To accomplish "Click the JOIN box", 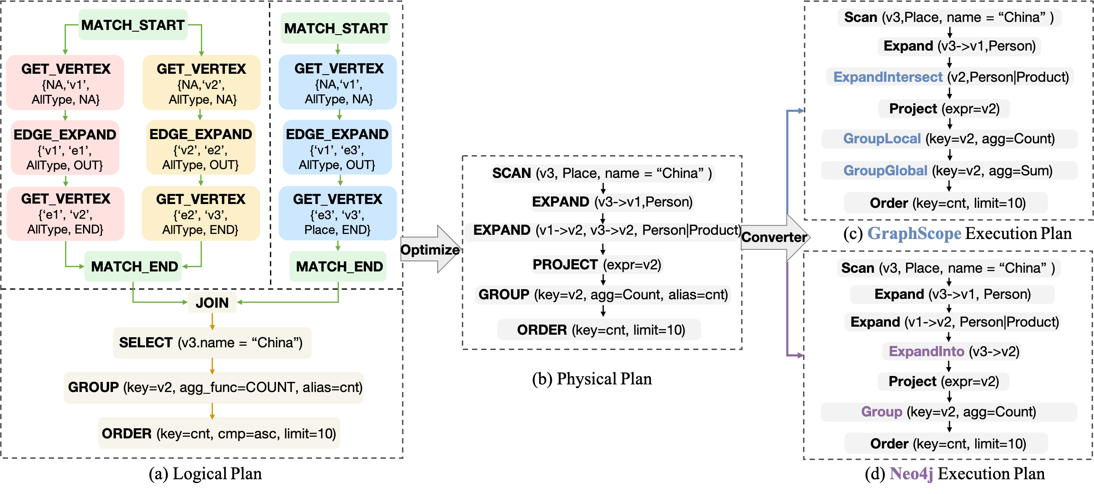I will click(x=212, y=303).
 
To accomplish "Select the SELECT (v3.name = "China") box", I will click(x=212, y=342).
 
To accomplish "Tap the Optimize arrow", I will click(x=430, y=250).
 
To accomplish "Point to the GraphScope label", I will click(x=914, y=233).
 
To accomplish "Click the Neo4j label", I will click(x=911, y=473).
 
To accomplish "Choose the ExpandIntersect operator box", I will click(x=950, y=77).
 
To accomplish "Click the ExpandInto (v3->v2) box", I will click(x=951, y=351).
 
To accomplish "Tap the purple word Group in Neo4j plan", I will click(x=881, y=411).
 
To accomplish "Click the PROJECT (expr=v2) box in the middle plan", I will click(x=596, y=264).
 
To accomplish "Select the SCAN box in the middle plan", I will click(x=602, y=173).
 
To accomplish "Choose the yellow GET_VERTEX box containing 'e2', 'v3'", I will click(x=201, y=214).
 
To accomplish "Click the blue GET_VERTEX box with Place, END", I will click(x=337, y=214).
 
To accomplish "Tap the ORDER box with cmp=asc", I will click(x=219, y=433).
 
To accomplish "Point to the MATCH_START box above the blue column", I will click(x=335, y=28).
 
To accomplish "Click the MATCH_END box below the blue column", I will click(x=338, y=266).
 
